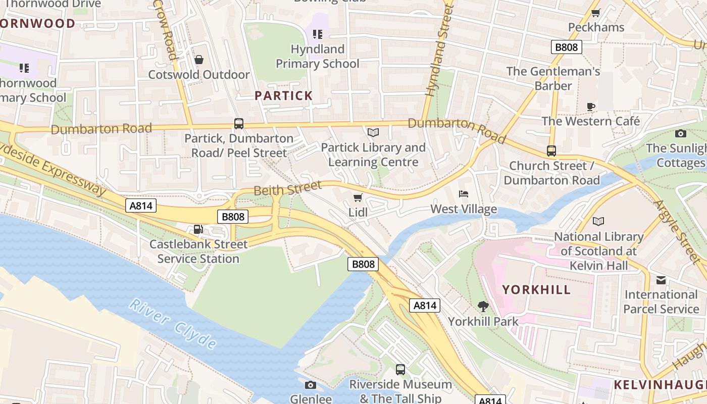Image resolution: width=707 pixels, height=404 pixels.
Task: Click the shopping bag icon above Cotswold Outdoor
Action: tap(199, 60)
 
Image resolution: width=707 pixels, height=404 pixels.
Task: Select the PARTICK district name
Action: tap(283, 95)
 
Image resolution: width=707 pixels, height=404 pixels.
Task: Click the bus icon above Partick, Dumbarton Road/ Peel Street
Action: tap(239, 123)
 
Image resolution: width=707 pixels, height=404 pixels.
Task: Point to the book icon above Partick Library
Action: tap(373, 132)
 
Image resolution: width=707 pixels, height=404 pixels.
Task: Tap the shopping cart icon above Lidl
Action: tap(358, 197)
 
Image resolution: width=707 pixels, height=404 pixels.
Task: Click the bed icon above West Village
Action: tap(464, 194)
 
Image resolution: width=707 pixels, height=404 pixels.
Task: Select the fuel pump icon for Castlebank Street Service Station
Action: tap(198, 229)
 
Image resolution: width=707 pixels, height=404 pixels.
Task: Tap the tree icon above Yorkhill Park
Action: tap(483, 306)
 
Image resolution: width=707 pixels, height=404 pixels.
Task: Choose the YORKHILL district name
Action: tap(536, 290)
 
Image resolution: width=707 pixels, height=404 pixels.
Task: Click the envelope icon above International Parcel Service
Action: tap(661, 280)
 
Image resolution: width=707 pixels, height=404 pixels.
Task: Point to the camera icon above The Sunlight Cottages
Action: tap(680, 133)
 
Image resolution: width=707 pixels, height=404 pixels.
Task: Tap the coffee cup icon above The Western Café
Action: tap(590, 107)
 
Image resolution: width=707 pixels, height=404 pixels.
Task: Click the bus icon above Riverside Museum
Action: tap(400, 370)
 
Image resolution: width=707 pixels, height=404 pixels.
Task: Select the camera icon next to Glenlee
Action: tap(311, 385)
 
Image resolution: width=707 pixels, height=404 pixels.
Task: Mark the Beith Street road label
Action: tap(287, 188)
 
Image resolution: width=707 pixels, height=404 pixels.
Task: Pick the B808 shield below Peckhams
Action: tap(566, 47)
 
